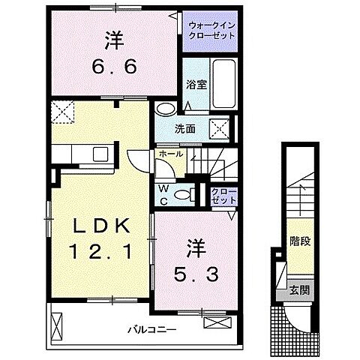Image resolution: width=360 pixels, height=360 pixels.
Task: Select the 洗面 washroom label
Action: click(187, 128)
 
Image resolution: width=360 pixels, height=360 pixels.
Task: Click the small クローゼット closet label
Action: click(223, 196)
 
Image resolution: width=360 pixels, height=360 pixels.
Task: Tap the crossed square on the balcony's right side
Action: click(214, 324)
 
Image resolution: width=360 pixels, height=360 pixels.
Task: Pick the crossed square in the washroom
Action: click(220, 128)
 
